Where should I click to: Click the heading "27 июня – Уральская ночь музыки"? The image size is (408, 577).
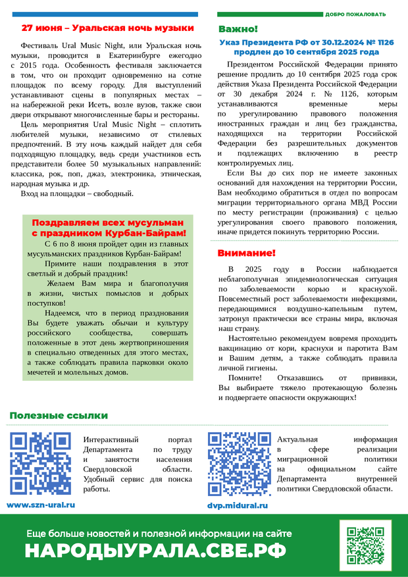[x=108, y=28]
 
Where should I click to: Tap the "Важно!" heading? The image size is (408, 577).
[x=238, y=30]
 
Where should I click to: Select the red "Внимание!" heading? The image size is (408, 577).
[x=246, y=253]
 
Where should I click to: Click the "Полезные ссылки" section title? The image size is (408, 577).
[x=59, y=415]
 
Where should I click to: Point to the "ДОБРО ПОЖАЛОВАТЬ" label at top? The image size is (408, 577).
[x=355, y=14]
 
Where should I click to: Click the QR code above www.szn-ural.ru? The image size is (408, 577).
[x=41, y=464]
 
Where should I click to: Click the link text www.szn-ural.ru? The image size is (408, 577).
[x=41, y=505]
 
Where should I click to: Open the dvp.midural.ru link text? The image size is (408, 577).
[x=237, y=505]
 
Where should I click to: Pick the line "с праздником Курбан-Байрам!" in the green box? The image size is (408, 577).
[x=109, y=233]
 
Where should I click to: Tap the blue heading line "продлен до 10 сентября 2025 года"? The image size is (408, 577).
[x=306, y=51]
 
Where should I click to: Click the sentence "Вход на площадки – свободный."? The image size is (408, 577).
[x=77, y=193]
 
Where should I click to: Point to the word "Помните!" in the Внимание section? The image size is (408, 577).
[x=245, y=378]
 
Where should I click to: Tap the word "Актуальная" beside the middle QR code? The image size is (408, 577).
[x=297, y=439]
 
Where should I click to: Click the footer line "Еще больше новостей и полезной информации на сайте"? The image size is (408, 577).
[x=159, y=534]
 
